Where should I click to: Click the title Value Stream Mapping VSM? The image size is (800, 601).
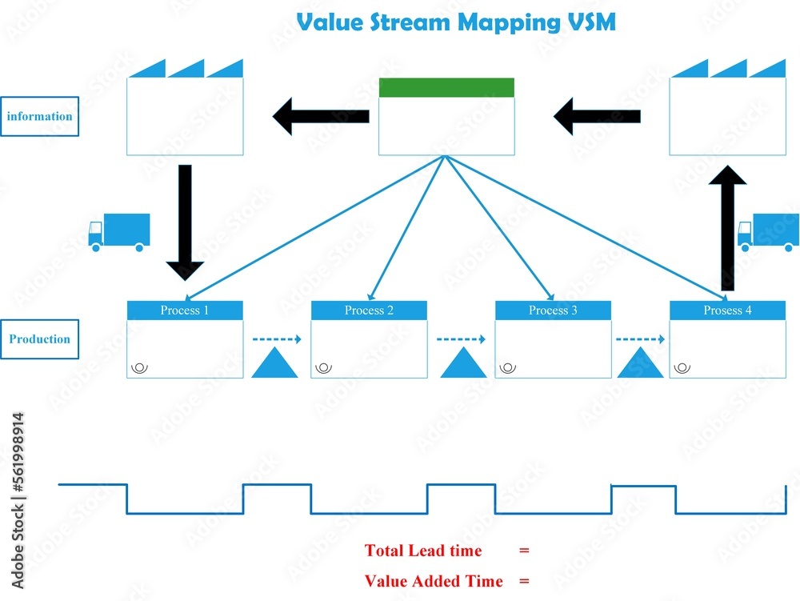point(456,22)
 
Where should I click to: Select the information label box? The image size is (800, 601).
point(39,116)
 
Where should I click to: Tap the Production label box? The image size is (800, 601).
point(39,339)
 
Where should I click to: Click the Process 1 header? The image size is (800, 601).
point(185,311)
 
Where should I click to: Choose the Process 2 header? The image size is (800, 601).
point(369,311)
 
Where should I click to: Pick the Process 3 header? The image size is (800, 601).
point(553,311)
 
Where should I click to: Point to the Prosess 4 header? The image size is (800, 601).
point(727,311)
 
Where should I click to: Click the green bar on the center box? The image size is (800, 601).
point(446,87)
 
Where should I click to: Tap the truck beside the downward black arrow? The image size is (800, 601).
point(119,231)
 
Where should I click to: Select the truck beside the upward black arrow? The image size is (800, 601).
point(769,232)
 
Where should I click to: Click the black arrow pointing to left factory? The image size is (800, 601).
point(321,117)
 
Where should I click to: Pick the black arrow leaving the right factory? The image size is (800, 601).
point(597,117)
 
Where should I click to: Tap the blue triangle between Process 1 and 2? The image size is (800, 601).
point(274,364)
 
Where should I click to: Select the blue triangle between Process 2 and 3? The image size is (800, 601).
point(463,364)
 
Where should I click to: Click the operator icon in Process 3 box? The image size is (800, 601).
point(507,368)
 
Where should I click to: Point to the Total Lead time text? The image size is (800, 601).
point(423,551)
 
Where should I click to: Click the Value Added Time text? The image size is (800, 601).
point(434,581)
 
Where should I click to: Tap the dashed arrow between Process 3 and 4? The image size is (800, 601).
point(640,339)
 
